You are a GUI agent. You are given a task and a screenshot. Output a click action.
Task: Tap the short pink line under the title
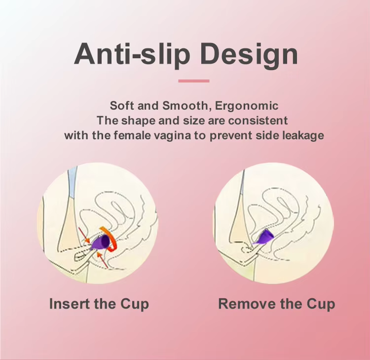coord(194,81)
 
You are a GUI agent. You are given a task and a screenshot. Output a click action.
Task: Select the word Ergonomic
coord(247,106)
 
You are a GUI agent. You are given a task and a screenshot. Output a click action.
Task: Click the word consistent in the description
coord(258,120)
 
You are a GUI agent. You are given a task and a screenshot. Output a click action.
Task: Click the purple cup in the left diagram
coord(100,242)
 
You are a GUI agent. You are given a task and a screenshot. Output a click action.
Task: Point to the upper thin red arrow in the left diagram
coord(84,235)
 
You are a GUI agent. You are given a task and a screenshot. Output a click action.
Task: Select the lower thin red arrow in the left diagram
coord(102,261)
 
